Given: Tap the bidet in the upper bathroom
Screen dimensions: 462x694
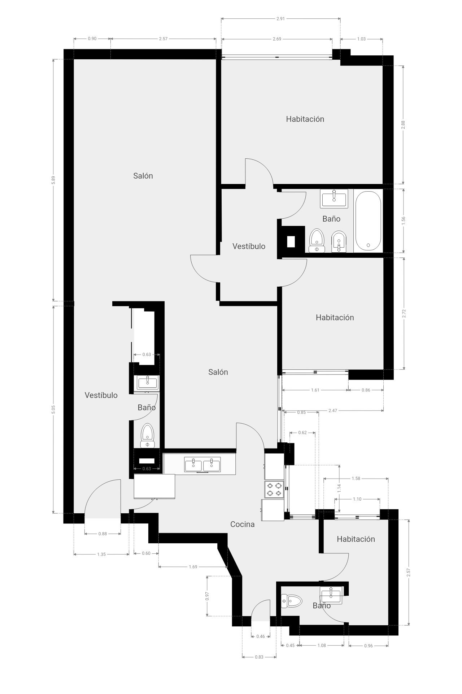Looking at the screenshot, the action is (x=338, y=241).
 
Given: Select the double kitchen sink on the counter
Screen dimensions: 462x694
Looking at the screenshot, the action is (x=202, y=464).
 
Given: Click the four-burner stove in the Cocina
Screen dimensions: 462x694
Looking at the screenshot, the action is (x=274, y=489).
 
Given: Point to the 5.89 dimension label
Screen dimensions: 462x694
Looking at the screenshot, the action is (x=53, y=180).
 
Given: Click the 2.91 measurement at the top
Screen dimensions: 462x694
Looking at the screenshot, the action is (x=280, y=18).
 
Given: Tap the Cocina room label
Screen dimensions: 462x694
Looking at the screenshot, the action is (x=243, y=524).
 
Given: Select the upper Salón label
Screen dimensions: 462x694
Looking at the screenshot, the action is (x=143, y=176).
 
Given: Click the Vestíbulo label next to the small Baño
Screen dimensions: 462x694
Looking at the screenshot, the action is (x=101, y=395).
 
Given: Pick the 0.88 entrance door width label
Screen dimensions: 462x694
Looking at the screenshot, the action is (x=103, y=534).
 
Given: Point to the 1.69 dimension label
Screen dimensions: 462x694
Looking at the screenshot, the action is (x=193, y=567).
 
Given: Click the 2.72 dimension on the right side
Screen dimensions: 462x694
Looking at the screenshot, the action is (x=404, y=313).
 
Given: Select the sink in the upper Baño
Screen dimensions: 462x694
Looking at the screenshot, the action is (x=334, y=198).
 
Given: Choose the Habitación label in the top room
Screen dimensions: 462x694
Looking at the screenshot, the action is (x=305, y=119).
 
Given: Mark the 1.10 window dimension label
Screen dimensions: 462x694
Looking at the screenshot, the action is (x=357, y=499).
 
